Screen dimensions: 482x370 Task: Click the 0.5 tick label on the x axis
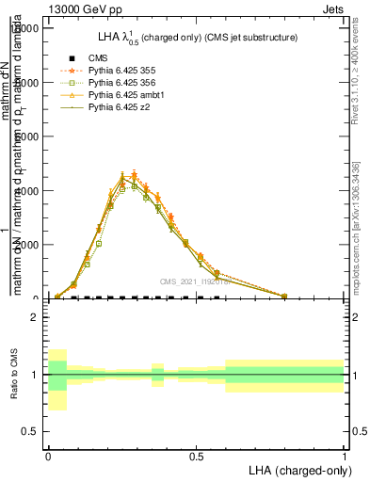(x=196, y=456)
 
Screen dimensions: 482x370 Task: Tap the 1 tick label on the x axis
(x=344, y=456)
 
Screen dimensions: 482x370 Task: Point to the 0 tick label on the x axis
(x=48, y=456)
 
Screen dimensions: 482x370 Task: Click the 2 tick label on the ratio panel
(x=33, y=317)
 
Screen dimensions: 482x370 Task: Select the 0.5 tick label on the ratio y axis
(x=28, y=431)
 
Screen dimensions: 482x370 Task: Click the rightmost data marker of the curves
(x=284, y=296)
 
